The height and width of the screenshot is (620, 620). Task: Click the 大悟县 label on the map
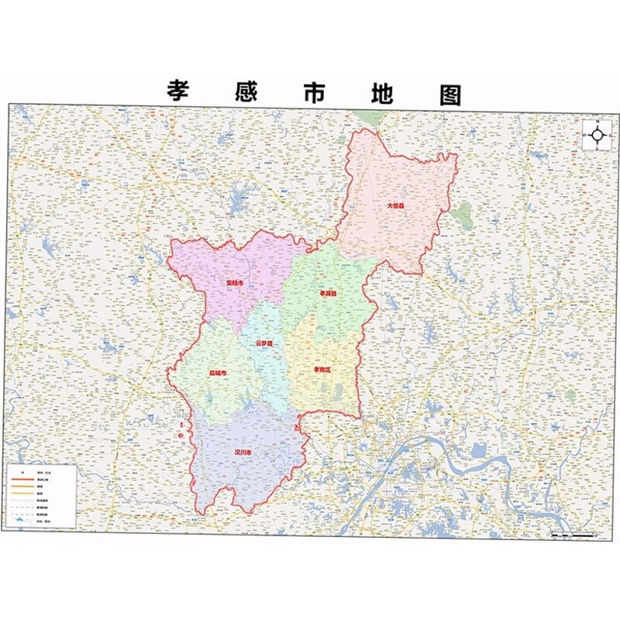(396, 206)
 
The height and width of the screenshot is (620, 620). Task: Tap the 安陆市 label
(234, 284)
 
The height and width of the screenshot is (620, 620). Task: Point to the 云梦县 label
(265, 343)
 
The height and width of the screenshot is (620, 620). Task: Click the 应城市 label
(218, 374)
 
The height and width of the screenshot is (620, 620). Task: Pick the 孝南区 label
(322, 370)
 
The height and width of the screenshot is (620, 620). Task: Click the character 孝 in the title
(180, 91)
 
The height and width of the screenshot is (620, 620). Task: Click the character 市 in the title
(315, 92)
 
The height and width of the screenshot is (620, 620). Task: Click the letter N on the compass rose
(598, 122)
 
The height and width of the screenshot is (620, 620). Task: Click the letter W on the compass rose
(585, 135)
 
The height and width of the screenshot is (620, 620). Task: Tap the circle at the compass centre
(598, 135)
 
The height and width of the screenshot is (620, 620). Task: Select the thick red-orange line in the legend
(22, 480)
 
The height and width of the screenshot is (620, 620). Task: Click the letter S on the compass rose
(598, 147)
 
